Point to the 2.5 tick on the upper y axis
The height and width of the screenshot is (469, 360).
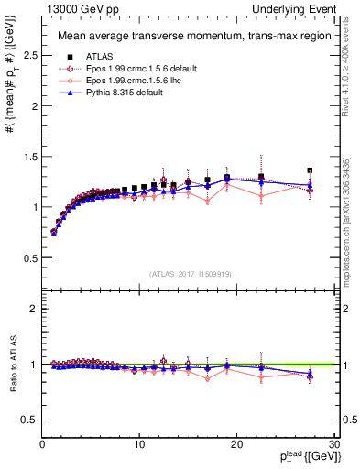(29, 55)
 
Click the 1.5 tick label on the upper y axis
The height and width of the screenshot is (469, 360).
(29, 157)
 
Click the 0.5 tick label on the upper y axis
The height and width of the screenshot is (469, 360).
(29, 257)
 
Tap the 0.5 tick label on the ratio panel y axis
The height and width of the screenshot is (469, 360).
(29, 420)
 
